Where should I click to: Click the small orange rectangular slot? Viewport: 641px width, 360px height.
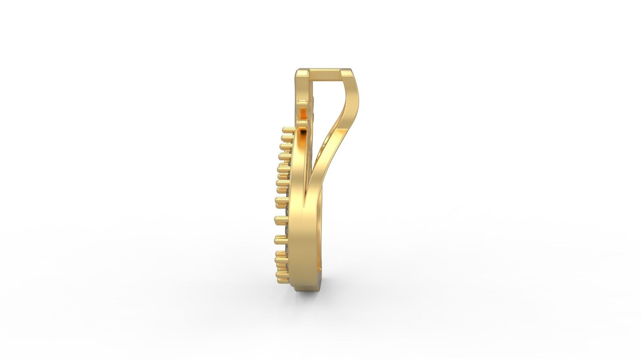(x=303, y=113)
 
